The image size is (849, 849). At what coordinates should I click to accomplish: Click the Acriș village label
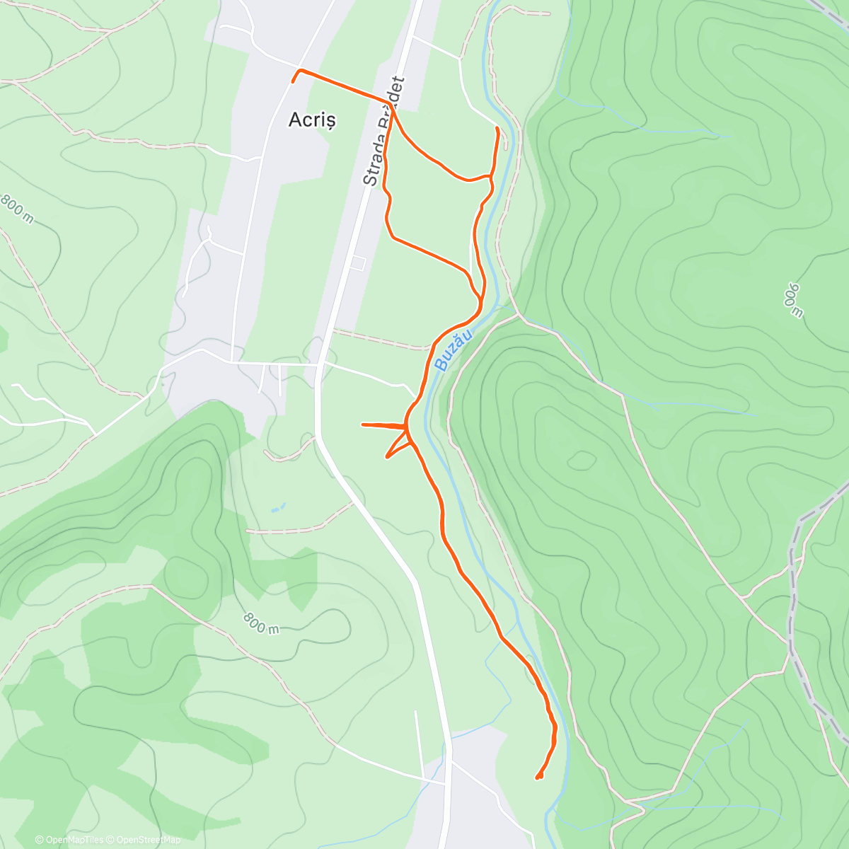pos(312,120)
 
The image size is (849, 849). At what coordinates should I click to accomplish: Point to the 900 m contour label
pos(791,300)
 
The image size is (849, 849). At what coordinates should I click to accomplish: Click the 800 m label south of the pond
pos(261,623)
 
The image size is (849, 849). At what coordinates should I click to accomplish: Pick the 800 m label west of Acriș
pos(16,209)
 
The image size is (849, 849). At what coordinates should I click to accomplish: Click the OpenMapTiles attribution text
pos(74,840)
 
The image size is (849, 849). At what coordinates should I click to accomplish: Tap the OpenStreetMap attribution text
pos(148,840)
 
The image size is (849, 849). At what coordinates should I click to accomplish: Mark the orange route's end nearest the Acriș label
pos(293,82)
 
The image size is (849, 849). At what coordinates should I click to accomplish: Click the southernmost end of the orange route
pos(538,778)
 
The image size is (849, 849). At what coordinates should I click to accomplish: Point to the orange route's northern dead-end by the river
pos(497,128)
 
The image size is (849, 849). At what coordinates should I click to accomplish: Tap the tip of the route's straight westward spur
pos(363,424)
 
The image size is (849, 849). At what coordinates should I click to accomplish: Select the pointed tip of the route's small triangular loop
pos(387,457)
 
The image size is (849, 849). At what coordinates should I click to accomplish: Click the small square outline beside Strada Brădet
pos(357,263)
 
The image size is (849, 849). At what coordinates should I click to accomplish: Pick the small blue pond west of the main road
pos(277,508)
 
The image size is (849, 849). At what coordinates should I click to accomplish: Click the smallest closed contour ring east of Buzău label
pos(582,461)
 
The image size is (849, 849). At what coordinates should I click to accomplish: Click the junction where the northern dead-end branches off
pos(490,175)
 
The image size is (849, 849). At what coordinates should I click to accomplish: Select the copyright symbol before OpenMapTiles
pos(40,840)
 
